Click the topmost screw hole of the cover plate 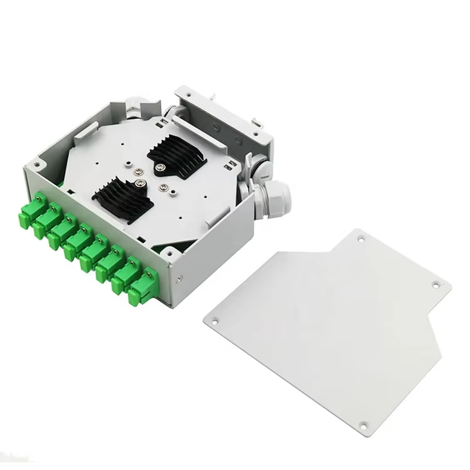[361, 239]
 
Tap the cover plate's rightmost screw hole [437, 285]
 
